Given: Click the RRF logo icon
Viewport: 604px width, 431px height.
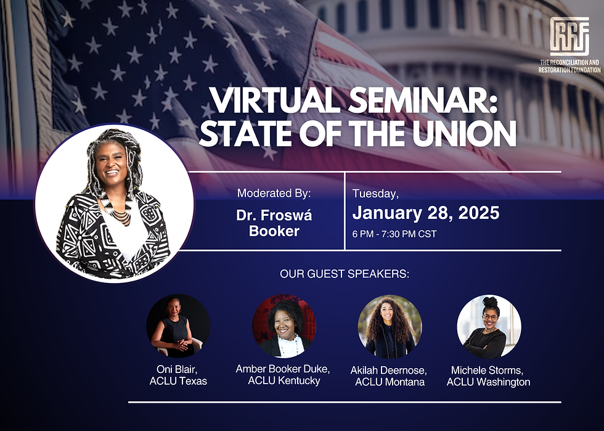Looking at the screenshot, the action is [x=569, y=36].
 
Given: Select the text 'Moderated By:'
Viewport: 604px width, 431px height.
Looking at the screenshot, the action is [x=274, y=193].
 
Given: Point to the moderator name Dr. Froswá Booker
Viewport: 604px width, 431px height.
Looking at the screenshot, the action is [x=274, y=223].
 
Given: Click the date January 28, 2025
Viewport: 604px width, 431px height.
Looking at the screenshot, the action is [x=426, y=213].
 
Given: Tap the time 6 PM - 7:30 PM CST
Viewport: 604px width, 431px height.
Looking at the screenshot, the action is [x=394, y=234].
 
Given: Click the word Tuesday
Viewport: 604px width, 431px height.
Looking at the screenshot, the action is [x=375, y=194].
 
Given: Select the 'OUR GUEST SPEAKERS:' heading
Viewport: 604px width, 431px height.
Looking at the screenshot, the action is [x=345, y=274].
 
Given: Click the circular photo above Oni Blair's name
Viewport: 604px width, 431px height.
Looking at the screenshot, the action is [x=178, y=326].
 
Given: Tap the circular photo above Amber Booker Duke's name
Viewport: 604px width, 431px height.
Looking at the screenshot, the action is [x=284, y=326].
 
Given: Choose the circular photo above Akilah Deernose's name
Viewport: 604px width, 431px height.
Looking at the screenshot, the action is [x=390, y=327].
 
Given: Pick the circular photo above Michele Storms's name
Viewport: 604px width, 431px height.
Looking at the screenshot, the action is [x=489, y=327].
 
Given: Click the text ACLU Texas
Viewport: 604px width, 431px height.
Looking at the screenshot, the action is [x=178, y=381].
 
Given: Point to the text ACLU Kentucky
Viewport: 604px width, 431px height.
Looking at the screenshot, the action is [x=284, y=381].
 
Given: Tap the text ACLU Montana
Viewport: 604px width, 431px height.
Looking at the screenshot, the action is [x=390, y=382].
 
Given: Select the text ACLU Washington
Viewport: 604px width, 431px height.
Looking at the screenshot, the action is [x=488, y=382].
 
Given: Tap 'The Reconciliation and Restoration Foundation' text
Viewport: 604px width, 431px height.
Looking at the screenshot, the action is [x=569, y=67].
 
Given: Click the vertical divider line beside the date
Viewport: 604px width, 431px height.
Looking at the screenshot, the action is [x=345, y=211].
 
